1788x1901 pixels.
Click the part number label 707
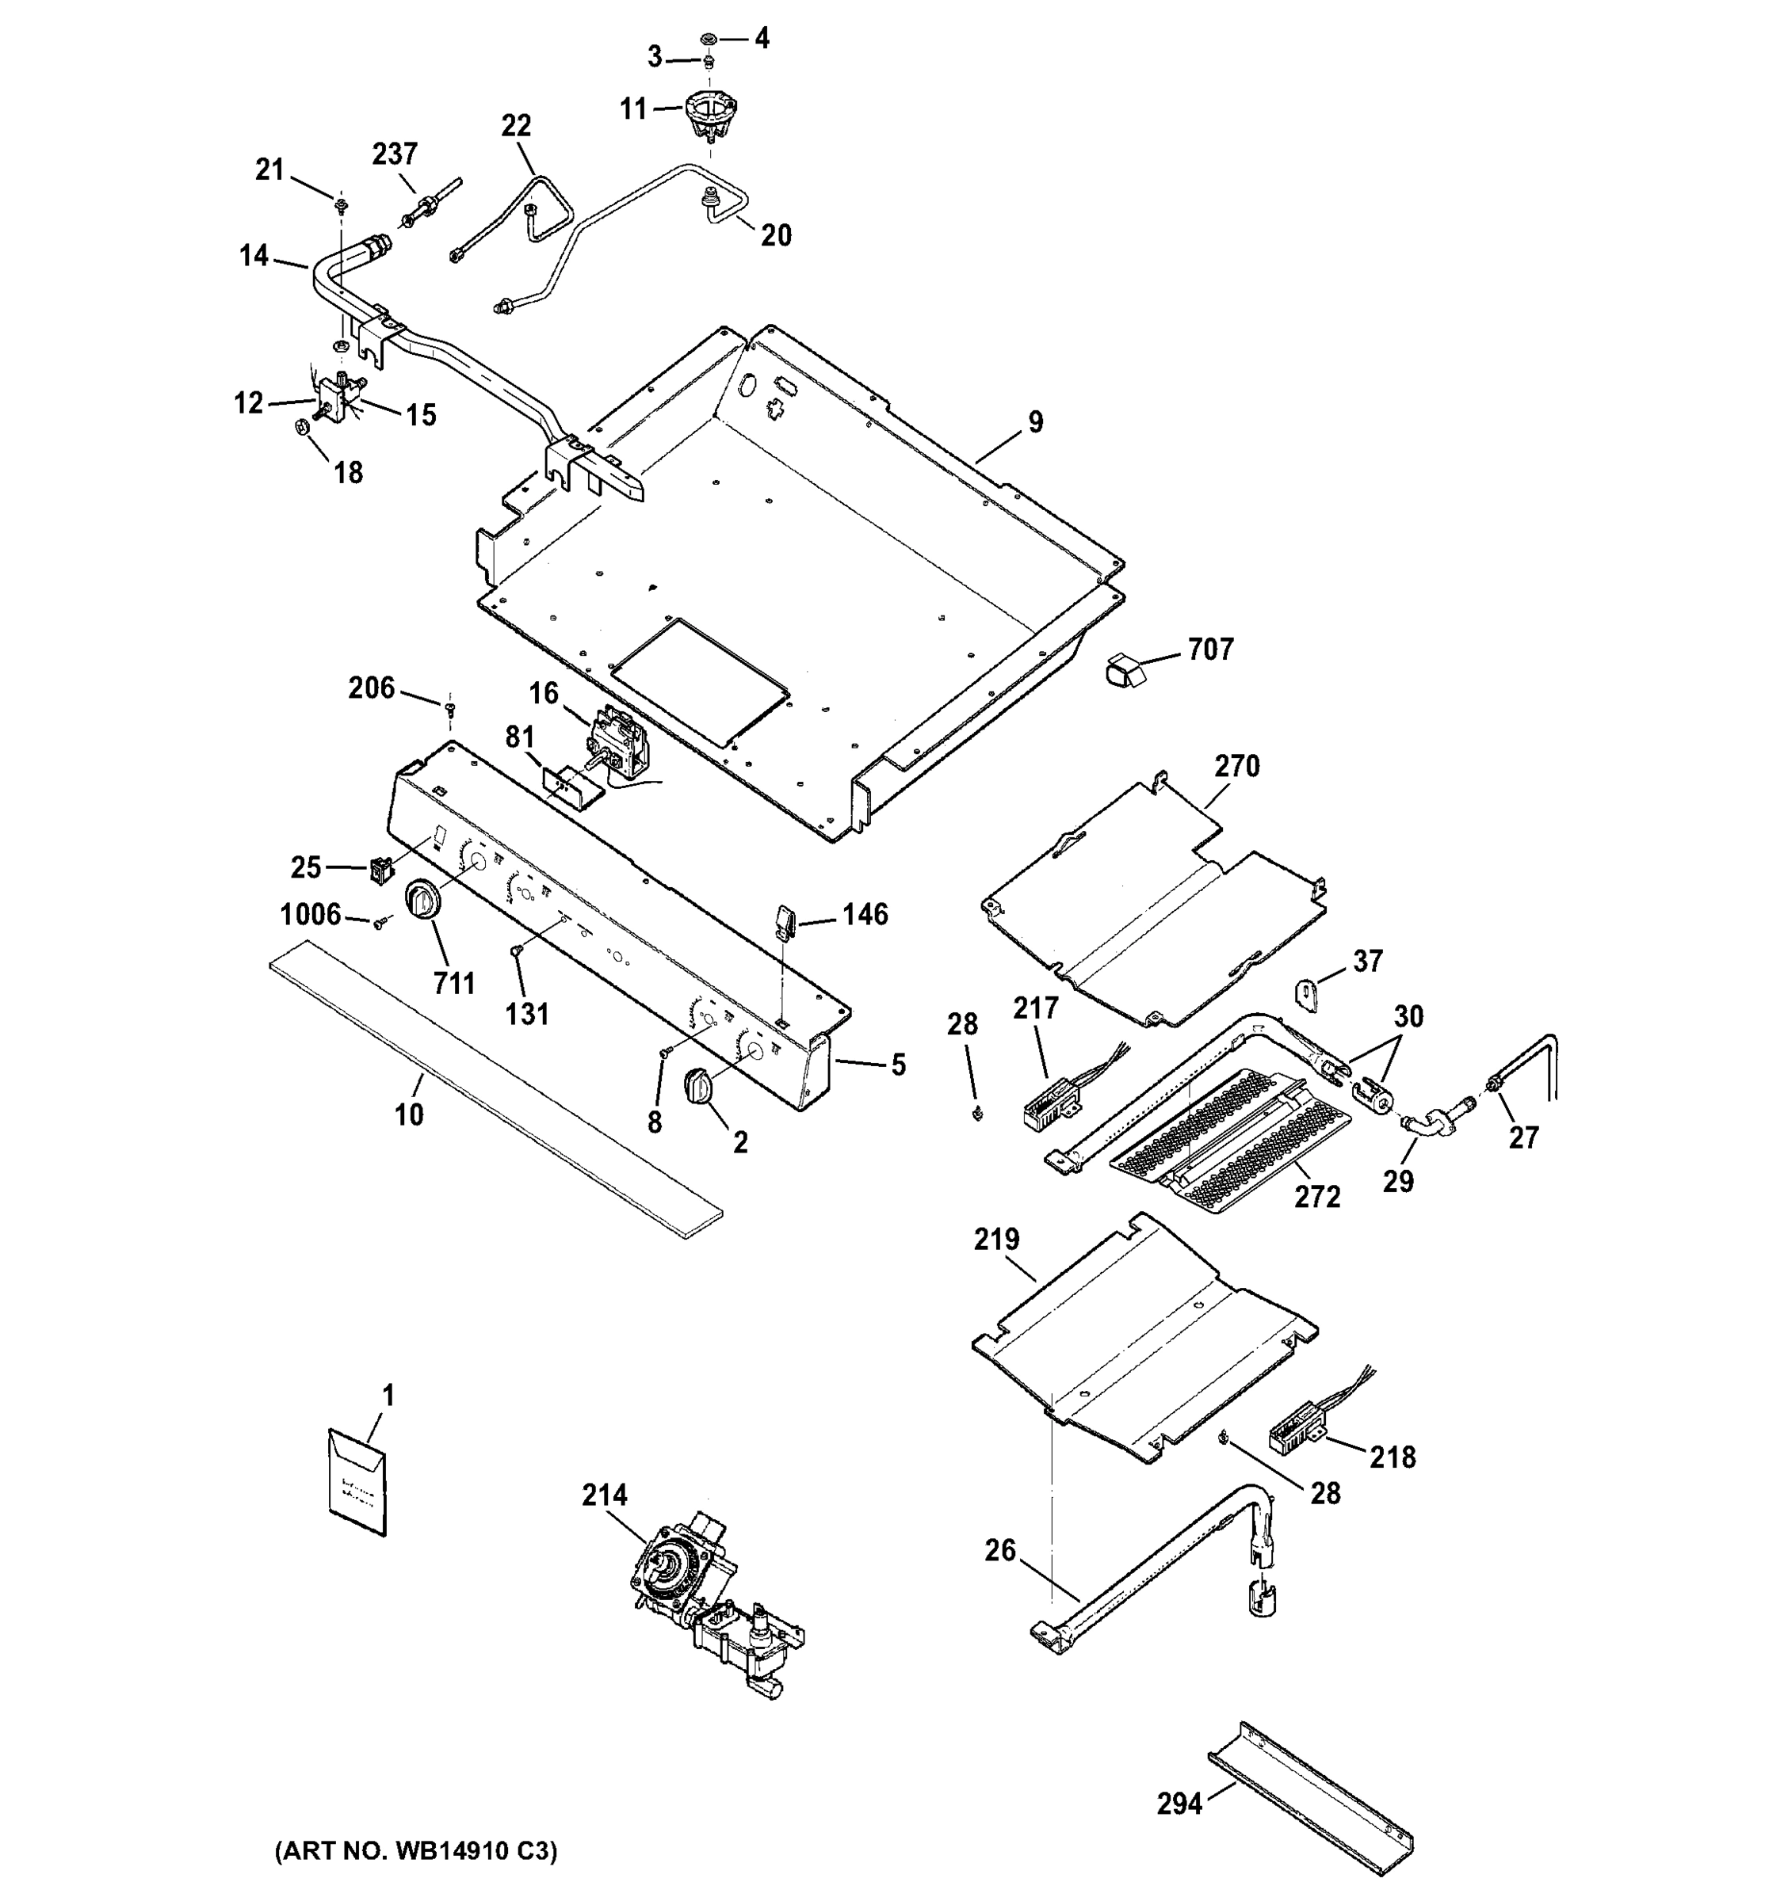[x=1210, y=650]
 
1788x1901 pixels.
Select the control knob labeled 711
[x=422, y=901]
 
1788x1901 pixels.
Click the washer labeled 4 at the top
[x=709, y=38]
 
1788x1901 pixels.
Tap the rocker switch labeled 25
[x=382, y=869]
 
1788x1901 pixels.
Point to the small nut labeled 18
[x=300, y=426]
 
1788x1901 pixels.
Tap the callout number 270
[x=1237, y=766]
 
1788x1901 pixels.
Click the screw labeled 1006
[x=382, y=924]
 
